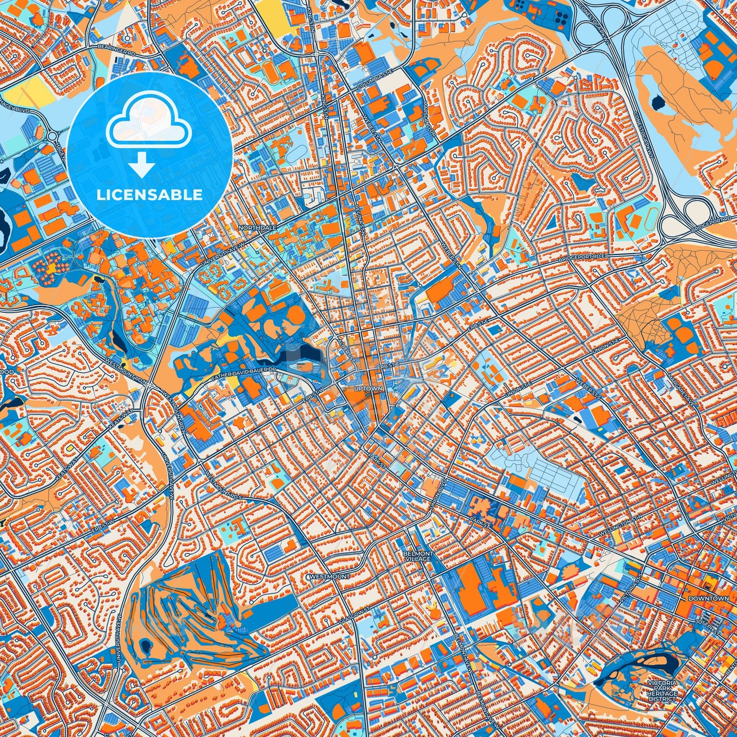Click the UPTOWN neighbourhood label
coord(368,389)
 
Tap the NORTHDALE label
coord(258,228)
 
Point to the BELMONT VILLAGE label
coord(418,556)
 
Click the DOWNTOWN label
coord(708,598)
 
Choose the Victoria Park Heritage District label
coord(663,691)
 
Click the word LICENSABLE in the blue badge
coord(149,195)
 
